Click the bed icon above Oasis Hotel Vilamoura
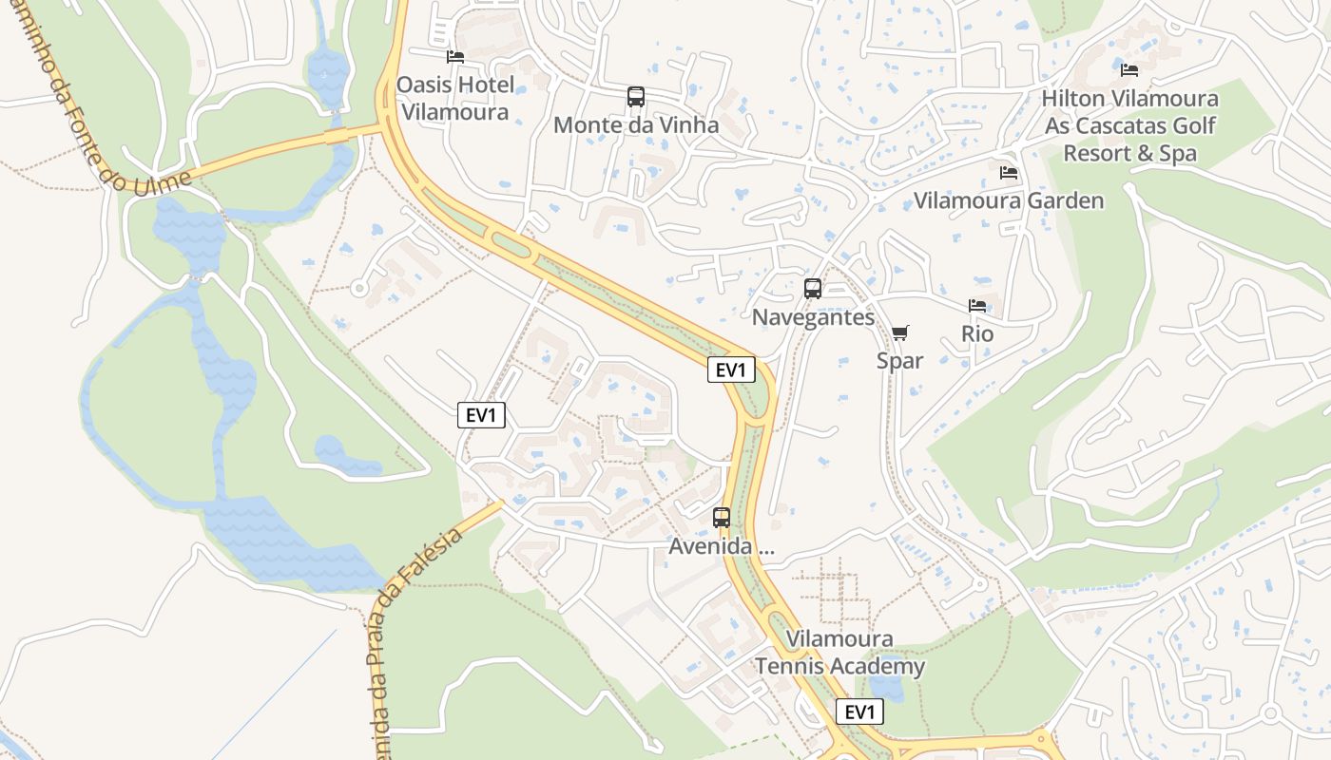pos(455,57)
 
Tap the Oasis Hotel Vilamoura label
pos(455,98)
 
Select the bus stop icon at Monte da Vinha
pos(636,97)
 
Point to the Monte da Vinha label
pos(636,124)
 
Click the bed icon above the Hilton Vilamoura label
pos(1129,70)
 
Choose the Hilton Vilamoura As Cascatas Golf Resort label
pos(1129,125)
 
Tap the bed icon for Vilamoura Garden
pos(1009,173)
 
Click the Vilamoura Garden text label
pos(1009,200)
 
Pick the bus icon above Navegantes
pos(813,289)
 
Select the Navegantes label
pos(813,316)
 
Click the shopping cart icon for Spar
pos(900,333)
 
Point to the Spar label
pos(900,361)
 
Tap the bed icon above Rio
pos(977,306)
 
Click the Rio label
pos(977,333)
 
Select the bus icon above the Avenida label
pos(722,518)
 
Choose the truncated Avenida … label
pos(722,546)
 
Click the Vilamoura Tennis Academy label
pos(839,653)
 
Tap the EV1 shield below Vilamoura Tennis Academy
pos(859,712)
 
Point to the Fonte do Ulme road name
pos(96,104)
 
